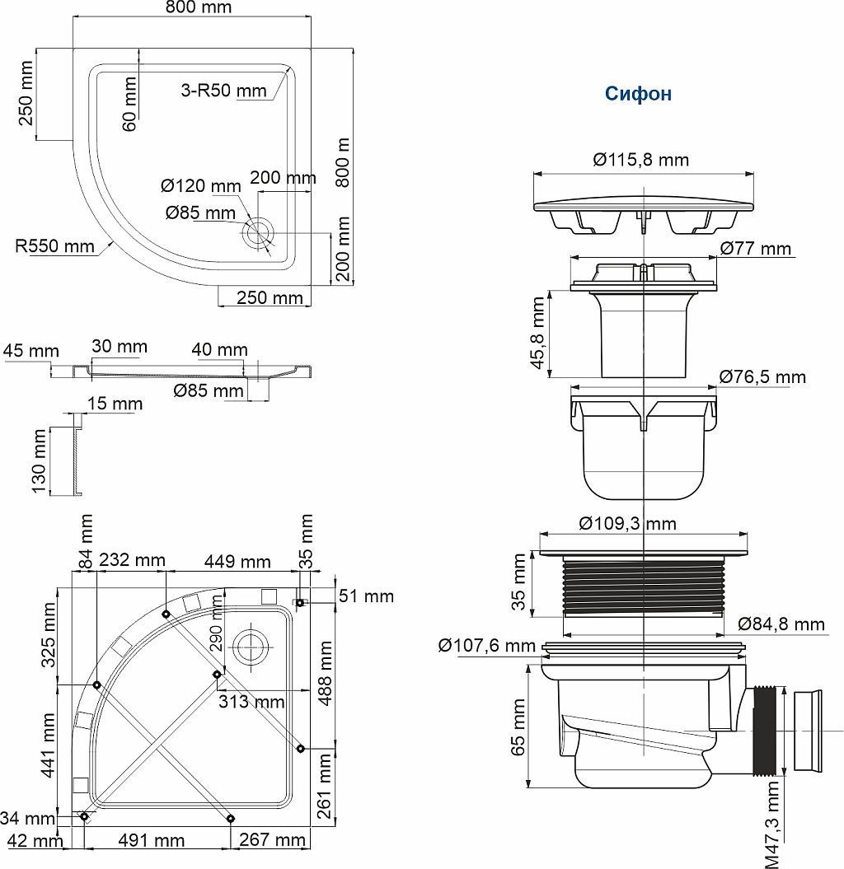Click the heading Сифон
(x=638, y=93)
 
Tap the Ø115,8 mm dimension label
(x=640, y=160)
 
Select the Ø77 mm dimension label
(x=756, y=248)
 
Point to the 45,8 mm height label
(x=538, y=333)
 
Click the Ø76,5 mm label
(x=762, y=377)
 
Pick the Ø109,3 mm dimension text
(x=627, y=523)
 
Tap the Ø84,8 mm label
(x=781, y=624)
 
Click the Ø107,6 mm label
(x=487, y=645)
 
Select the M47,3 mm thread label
(x=772, y=825)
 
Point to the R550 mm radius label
(x=55, y=245)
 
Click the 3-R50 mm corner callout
(x=223, y=90)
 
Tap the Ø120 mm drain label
(x=201, y=185)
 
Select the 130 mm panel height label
(x=40, y=460)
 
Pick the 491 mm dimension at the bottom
(x=151, y=840)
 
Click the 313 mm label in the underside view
(x=251, y=702)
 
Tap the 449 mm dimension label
(x=237, y=562)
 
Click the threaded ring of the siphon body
(x=643, y=586)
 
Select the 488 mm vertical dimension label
(x=326, y=673)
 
